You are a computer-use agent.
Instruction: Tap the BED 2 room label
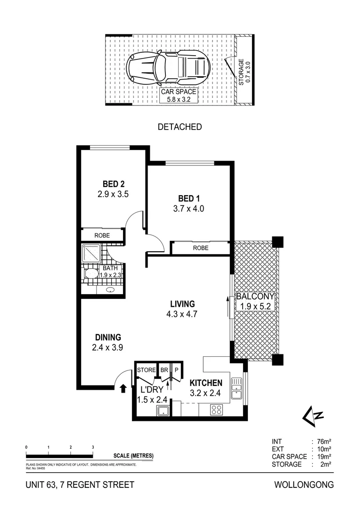(113, 184)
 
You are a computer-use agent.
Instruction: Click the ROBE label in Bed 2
(102, 235)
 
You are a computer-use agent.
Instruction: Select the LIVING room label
(177, 304)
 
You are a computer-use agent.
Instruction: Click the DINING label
(108, 337)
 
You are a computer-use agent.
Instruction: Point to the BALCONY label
(255, 297)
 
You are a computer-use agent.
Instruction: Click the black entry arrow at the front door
(123, 388)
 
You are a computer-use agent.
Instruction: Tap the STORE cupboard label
(146, 370)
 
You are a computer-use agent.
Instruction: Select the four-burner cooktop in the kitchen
(216, 410)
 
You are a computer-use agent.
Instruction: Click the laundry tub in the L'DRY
(163, 410)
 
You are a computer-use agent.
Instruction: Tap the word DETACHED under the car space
(180, 127)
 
